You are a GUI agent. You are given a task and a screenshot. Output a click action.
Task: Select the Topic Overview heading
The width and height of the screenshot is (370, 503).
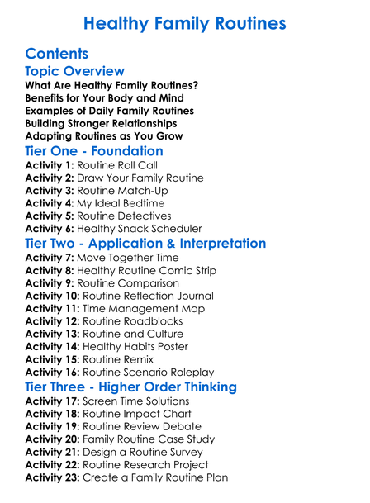75,72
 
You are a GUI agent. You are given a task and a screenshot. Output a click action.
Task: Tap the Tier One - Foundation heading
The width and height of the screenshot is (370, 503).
94,151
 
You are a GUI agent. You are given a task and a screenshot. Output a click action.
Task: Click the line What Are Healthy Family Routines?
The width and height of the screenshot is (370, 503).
111,86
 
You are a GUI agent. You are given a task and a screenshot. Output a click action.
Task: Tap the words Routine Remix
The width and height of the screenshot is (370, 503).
121,359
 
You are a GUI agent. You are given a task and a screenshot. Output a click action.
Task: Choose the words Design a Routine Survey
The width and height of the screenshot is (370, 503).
149,452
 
